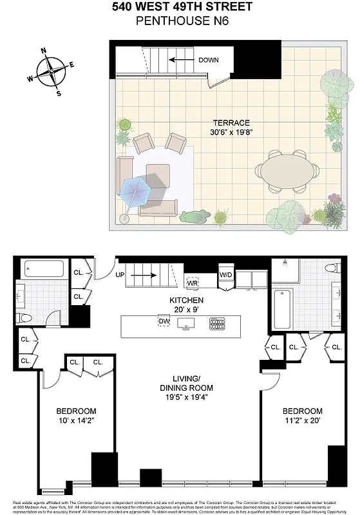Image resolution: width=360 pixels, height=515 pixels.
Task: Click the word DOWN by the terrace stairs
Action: pyautogui.click(x=208, y=61)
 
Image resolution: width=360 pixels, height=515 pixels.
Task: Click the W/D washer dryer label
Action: pyautogui.click(x=226, y=276)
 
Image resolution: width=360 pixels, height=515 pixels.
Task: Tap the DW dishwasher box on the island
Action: pyautogui.click(x=164, y=321)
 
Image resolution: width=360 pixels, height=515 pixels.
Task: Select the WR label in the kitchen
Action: pyautogui.click(x=192, y=283)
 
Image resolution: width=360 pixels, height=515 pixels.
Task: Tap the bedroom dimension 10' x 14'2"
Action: pyautogui.click(x=76, y=422)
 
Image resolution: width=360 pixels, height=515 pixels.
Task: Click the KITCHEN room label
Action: pyautogui.click(x=186, y=300)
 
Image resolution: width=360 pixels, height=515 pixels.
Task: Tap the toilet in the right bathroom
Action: pyautogui.click(x=332, y=269)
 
